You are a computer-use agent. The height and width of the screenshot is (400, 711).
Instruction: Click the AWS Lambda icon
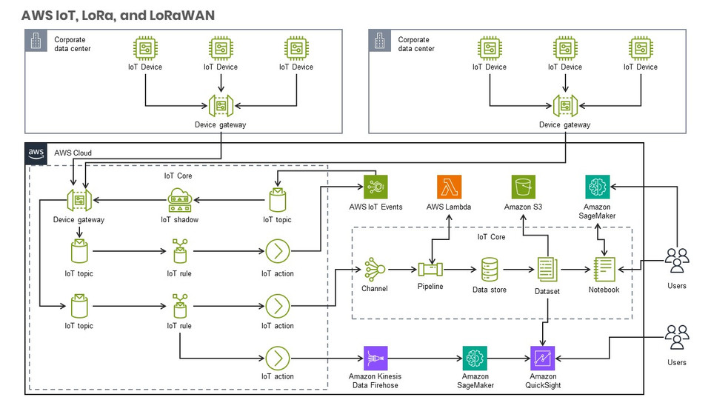(x=450, y=187)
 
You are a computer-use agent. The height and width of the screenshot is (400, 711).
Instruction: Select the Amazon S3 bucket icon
(x=524, y=187)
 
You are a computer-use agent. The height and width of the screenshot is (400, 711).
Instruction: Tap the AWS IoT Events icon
(x=375, y=187)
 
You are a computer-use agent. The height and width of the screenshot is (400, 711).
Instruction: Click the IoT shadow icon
(x=179, y=200)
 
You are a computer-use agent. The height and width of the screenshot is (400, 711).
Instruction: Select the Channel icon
(x=374, y=269)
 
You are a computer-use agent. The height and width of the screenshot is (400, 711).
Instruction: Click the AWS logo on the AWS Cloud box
(x=37, y=153)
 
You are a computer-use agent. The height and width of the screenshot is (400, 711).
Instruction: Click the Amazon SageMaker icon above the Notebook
(x=597, y=187)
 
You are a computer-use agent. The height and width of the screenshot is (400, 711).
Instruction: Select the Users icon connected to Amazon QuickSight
(x=676, y=337)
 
